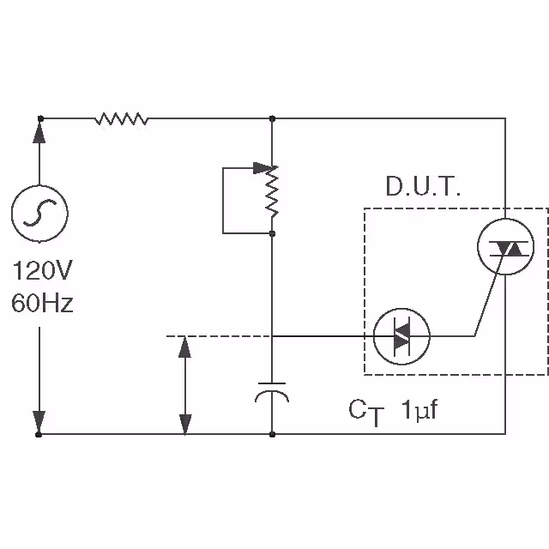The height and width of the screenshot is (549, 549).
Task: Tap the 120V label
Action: [42, 272]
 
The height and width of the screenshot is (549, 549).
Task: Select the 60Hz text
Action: [42, 303]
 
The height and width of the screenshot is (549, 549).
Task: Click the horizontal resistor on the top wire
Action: [121, 118]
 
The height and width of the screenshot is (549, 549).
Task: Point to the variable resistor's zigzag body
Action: [272, 196]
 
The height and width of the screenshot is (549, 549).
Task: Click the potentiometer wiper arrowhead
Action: [261, 168]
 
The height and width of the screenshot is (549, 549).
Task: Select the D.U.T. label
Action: [423, 188]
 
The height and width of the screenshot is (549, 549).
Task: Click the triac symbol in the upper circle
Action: [504, 248]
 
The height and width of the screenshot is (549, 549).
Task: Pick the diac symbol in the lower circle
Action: [401, 335]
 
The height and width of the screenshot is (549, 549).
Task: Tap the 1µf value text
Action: [419, 411]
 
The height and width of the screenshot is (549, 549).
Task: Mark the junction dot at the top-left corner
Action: [39, 118]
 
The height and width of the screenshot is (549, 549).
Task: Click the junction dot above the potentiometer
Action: [272, 118]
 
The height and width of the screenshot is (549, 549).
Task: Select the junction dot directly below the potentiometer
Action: [272, 232]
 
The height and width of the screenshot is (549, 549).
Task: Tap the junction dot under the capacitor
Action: [272, 434]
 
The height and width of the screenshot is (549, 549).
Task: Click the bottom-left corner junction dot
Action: [39, 434]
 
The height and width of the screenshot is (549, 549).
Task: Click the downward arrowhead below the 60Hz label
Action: [39, 421]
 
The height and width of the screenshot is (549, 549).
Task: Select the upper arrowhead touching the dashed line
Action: [184, 348]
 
